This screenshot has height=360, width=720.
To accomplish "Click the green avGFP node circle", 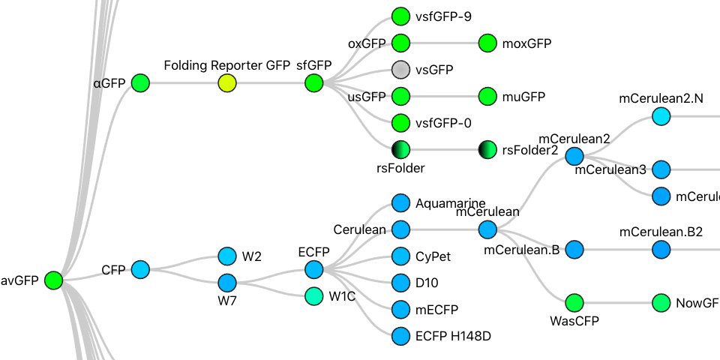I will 52,280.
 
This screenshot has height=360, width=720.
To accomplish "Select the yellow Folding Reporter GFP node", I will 227,83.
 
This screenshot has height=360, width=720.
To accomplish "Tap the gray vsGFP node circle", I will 400,70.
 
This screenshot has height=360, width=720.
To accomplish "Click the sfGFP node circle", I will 313,83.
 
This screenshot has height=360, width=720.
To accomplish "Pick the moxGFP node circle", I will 487,43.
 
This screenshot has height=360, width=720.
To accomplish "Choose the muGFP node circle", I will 487,97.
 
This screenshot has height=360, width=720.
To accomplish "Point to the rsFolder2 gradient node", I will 487,150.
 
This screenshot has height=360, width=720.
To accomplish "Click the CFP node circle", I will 140,269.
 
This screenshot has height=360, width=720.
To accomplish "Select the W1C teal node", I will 313,296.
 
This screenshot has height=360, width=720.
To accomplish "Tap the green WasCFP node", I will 574,303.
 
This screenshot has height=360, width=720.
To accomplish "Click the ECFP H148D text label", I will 452,336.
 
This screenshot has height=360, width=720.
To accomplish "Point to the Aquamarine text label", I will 450,203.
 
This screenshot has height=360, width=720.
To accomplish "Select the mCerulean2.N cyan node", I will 661,116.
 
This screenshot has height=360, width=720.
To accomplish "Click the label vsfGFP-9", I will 443,16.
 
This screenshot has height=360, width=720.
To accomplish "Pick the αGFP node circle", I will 140,83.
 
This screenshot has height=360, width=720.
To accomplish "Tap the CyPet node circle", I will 400,256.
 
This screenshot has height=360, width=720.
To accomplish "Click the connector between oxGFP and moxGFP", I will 444,43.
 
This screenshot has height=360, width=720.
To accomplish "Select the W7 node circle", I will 227,283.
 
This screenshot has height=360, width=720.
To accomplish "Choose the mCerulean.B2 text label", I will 661,232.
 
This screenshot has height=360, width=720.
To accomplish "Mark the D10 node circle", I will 400,283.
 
